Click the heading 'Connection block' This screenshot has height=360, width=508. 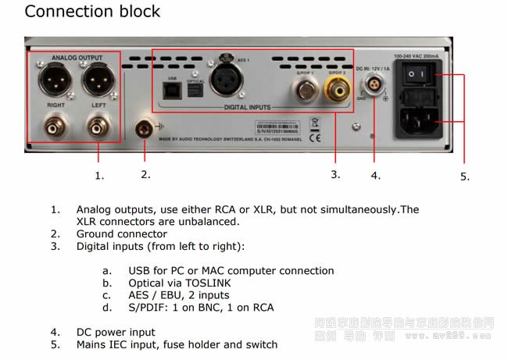[92, 12]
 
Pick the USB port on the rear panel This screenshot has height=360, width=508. [173, 91]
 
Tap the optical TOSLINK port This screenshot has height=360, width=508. [195, 91]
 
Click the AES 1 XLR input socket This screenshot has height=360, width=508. [237, 83]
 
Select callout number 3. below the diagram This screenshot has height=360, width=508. [335, 174]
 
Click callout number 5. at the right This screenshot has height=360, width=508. [464, 176]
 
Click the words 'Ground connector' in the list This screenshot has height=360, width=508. [121, 233]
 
